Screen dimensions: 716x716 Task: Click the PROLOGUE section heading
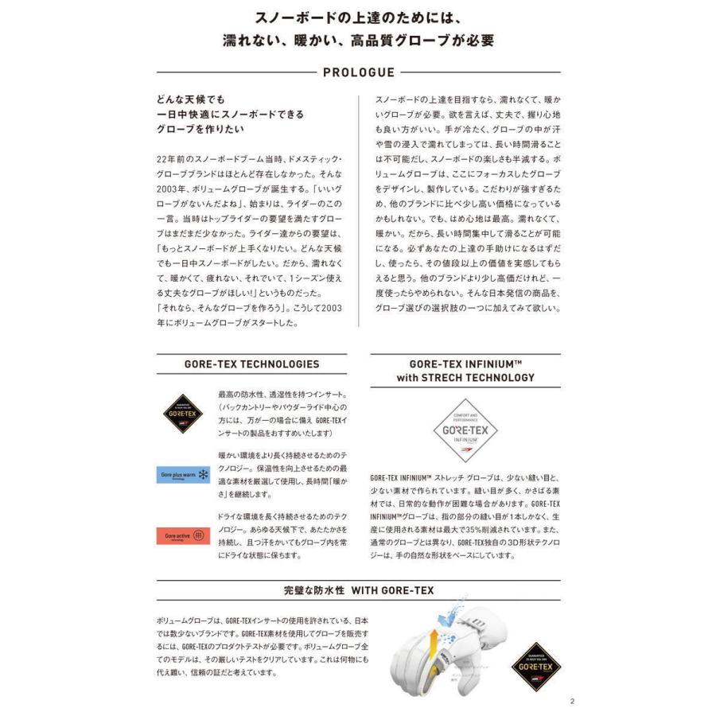tap(358, 72)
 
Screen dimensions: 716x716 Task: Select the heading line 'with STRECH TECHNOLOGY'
tap(465, 378)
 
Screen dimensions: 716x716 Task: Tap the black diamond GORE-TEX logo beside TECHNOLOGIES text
tap(184, 413)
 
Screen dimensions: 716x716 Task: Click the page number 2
tap(572, 702)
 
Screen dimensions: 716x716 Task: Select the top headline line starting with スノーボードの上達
tap(357, 16)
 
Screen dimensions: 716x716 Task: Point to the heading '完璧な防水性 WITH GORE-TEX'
tap(358, 592)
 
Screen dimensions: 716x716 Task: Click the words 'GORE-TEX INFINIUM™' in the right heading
tap(465, 363)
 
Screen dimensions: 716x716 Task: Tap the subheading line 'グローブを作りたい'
tap(200, 129)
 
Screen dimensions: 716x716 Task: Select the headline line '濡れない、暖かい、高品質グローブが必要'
tap(357, 41)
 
